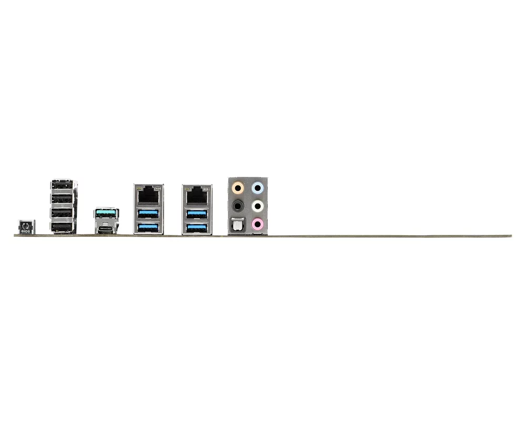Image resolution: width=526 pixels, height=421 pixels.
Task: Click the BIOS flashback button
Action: [x=26, y=227]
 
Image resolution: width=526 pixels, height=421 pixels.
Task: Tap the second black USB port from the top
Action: [x=63, y=199]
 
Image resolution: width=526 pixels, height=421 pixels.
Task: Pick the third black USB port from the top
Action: [x=63, y=213]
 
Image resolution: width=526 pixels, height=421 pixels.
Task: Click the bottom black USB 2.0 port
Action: [x=63, y=228]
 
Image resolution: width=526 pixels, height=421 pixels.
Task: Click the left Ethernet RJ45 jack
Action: [x=148, y=195]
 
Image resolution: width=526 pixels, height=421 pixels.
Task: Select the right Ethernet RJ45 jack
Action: [x=197, y=195]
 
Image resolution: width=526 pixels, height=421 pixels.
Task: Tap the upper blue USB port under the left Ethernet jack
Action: [x=148, y=214]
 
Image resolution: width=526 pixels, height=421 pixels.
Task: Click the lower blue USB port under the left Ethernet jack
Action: [x=148, y=228]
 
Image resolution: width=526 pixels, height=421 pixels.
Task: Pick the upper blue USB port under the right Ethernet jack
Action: [x=197, y=214]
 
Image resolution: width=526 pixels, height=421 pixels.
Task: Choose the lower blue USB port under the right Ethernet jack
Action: [x=197, y=228]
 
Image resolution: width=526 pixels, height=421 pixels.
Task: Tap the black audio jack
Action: [x=238, y=205]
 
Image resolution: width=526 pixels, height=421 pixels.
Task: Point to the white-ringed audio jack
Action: [x=258, y=205]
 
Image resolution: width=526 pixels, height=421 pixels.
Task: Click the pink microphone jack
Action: [x=258, y=224]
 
